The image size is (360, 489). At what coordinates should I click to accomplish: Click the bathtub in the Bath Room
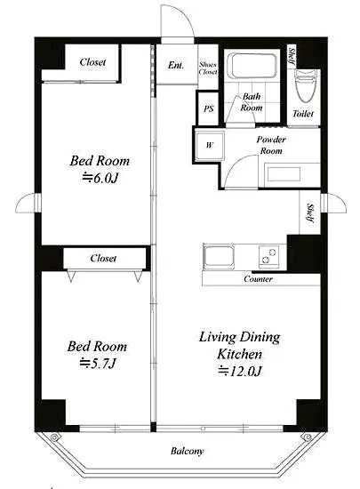pos(252,66)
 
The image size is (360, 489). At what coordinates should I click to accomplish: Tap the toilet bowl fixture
pos(306,85)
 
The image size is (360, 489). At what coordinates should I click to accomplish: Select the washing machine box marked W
pos(210,145)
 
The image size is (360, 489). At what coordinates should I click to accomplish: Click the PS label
pos(209,108)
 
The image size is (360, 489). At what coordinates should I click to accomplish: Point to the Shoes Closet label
pos(208,68)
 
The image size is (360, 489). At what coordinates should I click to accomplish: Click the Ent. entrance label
pos(176,65)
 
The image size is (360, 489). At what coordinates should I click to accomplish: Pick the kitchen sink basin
pos(219,256)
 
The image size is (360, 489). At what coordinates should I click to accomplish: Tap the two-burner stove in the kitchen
pos(268,256)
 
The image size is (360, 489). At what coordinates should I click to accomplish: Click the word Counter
pos(258,279)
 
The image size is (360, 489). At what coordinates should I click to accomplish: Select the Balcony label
pos(187,451)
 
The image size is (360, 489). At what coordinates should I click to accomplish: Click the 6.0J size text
pos(100,178)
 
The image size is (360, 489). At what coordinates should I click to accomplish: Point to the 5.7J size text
pos(98,364)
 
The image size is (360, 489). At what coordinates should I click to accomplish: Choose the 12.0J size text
pos(240,371)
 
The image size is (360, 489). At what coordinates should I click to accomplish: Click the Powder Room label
pos(271,145)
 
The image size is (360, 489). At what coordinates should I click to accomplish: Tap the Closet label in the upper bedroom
pos(92,62)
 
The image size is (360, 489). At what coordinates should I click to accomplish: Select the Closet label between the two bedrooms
pos(103,258)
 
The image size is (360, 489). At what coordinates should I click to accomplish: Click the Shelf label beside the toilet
pos(292,56)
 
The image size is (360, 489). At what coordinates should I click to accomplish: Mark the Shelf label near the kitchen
pos(310,213)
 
